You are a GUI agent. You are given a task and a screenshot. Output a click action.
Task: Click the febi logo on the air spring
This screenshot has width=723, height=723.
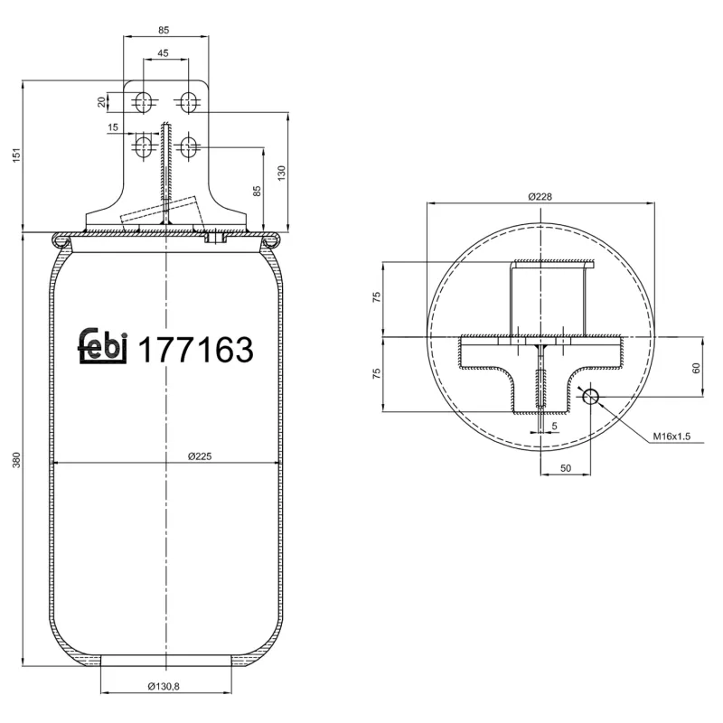[x=105, y=347]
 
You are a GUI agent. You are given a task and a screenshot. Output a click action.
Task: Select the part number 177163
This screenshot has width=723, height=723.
[x=194, y=350]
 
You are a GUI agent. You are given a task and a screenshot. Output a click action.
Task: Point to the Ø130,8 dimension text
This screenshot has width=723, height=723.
[x=164, y=686]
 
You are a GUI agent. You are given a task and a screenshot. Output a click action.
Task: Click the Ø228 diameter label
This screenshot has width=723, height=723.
[x=540, y=196]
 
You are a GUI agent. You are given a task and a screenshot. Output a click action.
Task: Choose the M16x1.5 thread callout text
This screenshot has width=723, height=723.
[x=671, y=437]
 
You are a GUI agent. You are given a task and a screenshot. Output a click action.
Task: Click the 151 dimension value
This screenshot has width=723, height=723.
[x=14, y=156]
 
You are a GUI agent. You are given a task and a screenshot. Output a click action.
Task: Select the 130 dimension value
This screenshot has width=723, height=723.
[x=281, y=171]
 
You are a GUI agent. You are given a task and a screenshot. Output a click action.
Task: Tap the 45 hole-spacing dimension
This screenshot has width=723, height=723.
[x=164, y=53]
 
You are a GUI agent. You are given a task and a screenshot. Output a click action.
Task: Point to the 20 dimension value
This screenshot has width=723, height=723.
[x=101, y=101]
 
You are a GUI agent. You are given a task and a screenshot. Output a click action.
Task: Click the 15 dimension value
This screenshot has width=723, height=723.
[x=113, y=127]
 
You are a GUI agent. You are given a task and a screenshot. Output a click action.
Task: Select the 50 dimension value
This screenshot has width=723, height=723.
[x=565, y=467]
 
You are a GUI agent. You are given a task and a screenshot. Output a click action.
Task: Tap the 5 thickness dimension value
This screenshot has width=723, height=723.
[x=554, y=424]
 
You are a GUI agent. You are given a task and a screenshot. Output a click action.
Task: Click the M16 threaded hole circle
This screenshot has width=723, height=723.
[x=591, y=397]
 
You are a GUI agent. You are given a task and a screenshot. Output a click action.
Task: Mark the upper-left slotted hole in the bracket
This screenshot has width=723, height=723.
[x=142, y=101]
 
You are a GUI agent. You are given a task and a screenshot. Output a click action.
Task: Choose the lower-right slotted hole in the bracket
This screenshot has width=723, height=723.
[x=189, y=146]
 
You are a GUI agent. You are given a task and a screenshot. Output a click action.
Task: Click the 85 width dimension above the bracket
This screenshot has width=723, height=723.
[x=164, y=31]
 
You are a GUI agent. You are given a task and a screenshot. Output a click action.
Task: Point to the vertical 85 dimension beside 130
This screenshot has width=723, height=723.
[x=257, y=191]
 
